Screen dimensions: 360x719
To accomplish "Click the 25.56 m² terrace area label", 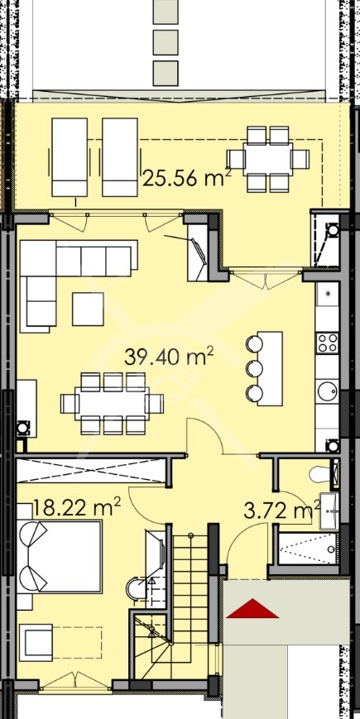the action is coord(186,177).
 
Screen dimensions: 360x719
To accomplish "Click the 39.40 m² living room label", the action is coord(169,357).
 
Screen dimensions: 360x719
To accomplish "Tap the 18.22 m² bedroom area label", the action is coord(77,509).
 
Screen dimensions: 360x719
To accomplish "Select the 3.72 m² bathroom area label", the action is coord(281,510).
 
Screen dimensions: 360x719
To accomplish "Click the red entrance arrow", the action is coord(252,608).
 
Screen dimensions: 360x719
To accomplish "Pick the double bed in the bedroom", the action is coord(59,556).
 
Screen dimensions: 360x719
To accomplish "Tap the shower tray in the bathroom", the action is coord(308,549).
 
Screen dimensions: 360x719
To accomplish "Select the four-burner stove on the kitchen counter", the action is coord(328,343).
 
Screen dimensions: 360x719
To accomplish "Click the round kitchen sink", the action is coord(328,391).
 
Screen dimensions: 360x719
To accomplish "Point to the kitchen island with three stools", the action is coord(270,368).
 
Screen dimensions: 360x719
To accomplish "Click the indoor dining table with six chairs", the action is coord(112,404).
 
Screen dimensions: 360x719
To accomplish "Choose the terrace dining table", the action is coord(268,159).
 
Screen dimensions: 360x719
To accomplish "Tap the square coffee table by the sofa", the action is coord(88,309).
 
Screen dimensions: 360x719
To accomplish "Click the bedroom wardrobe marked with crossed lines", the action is coord(90,470).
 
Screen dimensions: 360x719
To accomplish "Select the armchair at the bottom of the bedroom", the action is coord(35,642).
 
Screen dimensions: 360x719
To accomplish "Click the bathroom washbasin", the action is coord(330,510).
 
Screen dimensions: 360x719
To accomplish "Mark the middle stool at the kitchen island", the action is coord(254,367).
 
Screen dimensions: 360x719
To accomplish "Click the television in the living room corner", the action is coord(196,252).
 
